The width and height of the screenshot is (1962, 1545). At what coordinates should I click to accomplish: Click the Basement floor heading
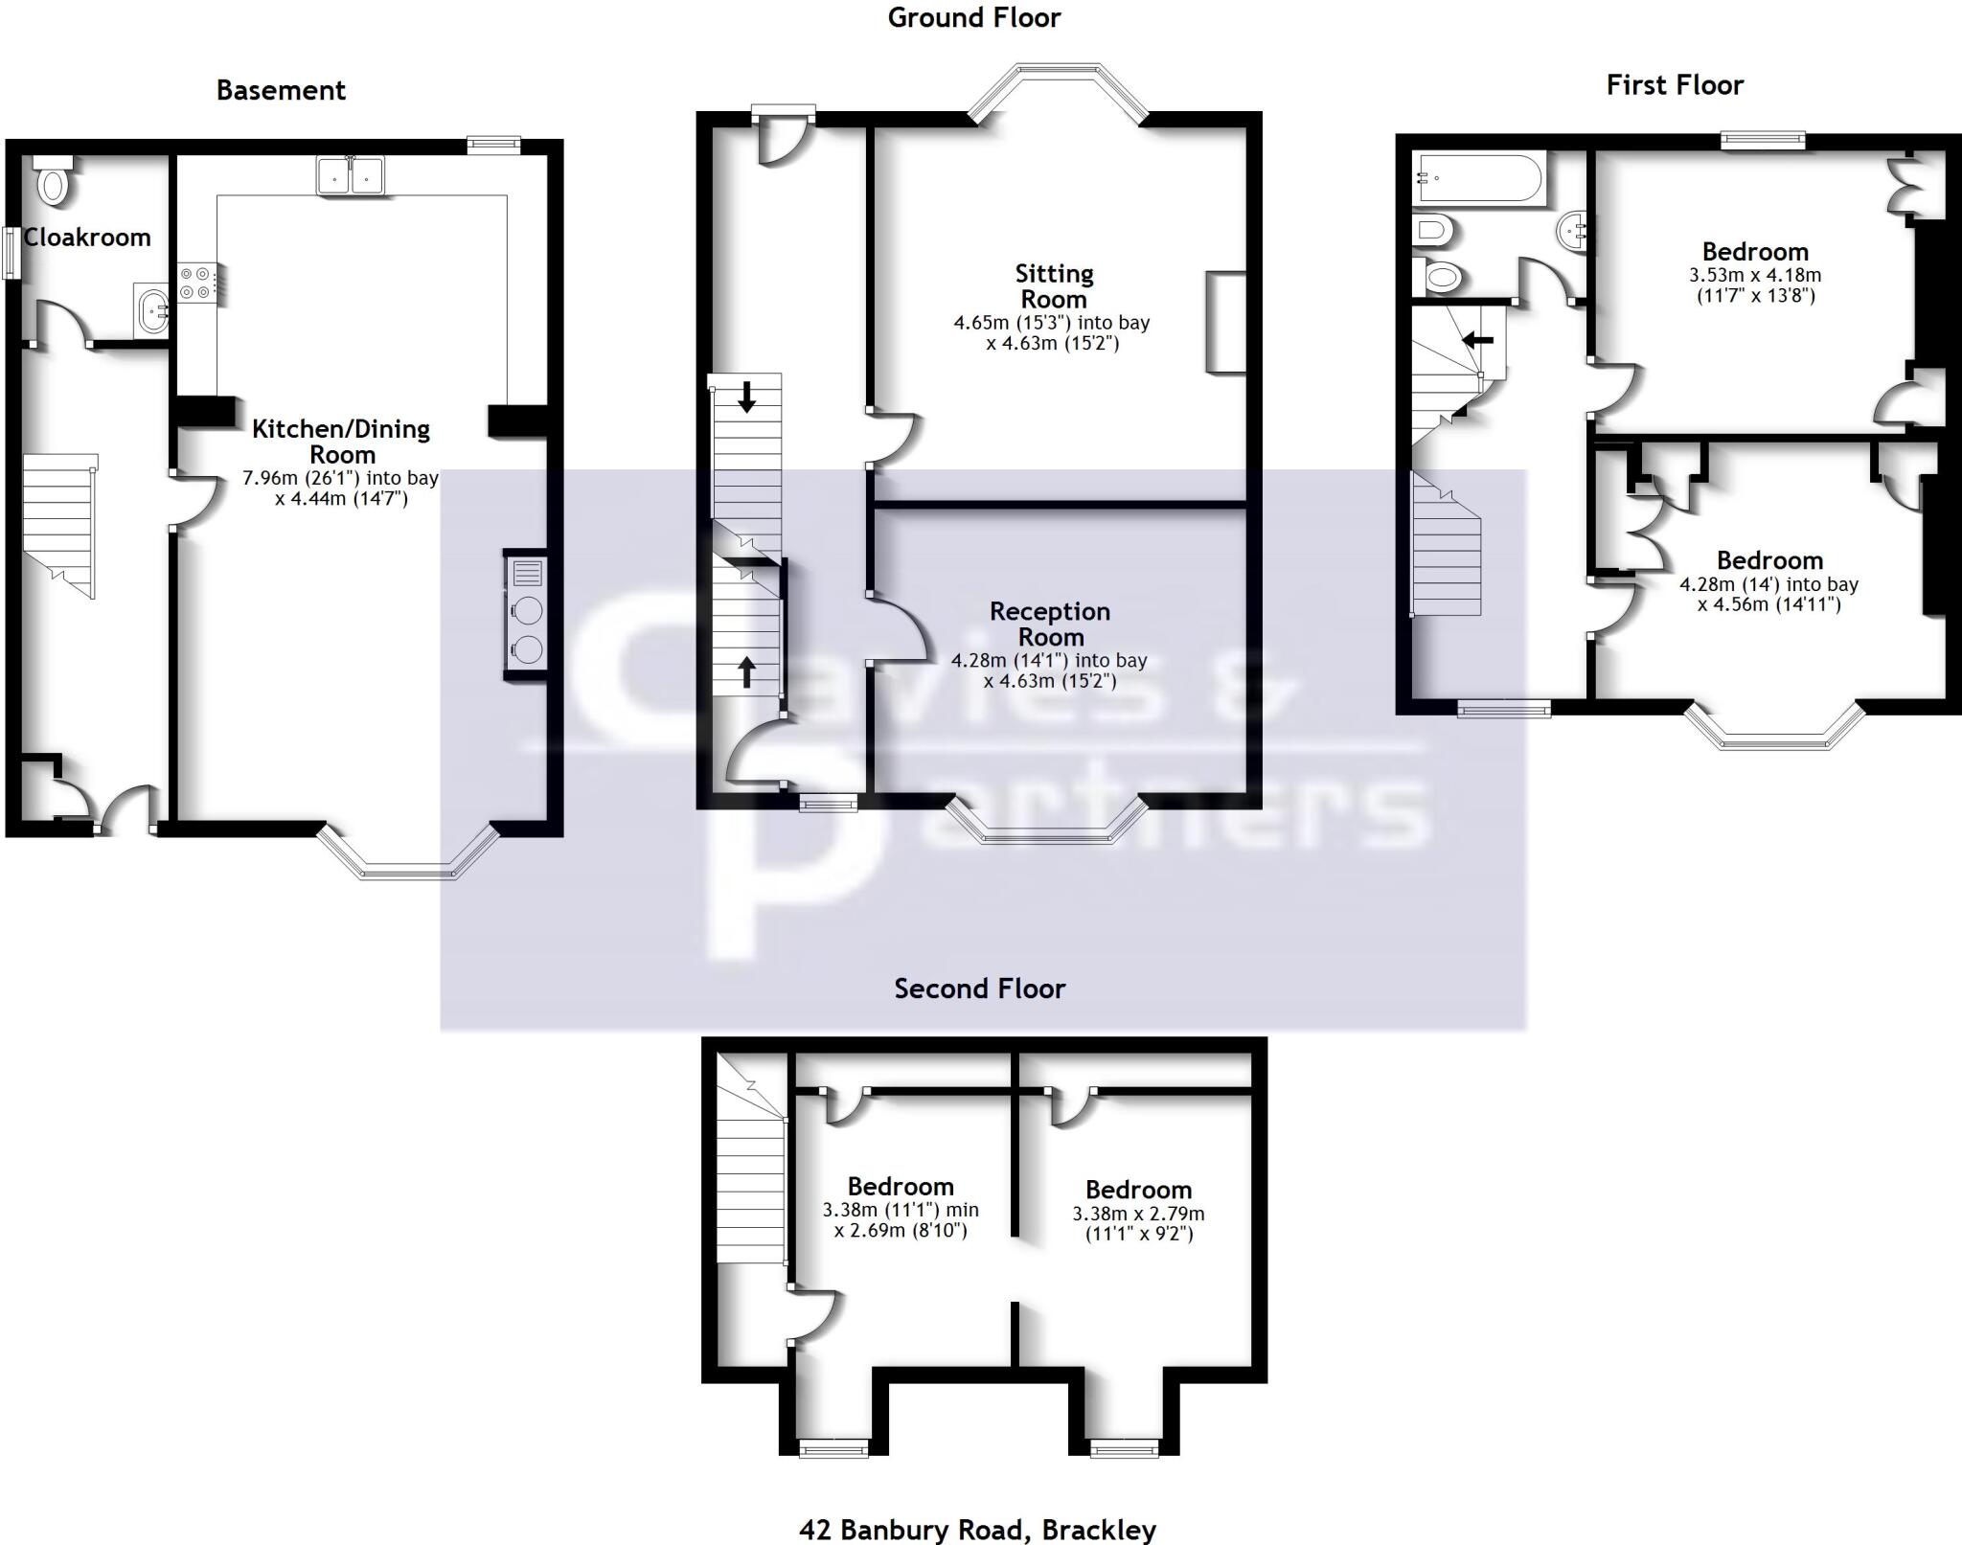(x=281, y=90)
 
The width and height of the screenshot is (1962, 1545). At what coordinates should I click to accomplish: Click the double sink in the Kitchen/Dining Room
(x=351, y=176)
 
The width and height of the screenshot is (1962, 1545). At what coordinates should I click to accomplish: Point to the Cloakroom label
(x=86, y=238)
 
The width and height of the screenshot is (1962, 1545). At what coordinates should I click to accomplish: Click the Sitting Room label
(x=1054, y=286)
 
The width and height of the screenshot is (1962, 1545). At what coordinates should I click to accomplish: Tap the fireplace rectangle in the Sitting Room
(x=1225, y=322)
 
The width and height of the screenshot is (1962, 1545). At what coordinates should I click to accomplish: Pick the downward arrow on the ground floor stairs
(x=746, y=396)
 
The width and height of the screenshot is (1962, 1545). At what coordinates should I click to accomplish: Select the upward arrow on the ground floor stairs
(x=746, y=672)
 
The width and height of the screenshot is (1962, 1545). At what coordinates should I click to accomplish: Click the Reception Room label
(x=1050, y=624)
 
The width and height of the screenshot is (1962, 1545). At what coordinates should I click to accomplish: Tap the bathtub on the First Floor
(x=1478, y=178)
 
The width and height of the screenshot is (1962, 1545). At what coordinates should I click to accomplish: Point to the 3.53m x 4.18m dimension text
(x=1754, y=284)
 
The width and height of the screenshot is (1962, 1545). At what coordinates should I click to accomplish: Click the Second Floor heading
(x=979, y=988)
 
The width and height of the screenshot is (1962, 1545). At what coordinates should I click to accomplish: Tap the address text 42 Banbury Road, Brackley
(x=977, y=1530)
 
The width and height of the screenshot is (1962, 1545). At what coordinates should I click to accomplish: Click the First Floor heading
(x=1675, y=85)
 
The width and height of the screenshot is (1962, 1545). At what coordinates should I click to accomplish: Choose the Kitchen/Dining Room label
(x=341, y=442)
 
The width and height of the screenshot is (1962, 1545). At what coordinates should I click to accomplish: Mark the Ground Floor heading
(x=974, y=18)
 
